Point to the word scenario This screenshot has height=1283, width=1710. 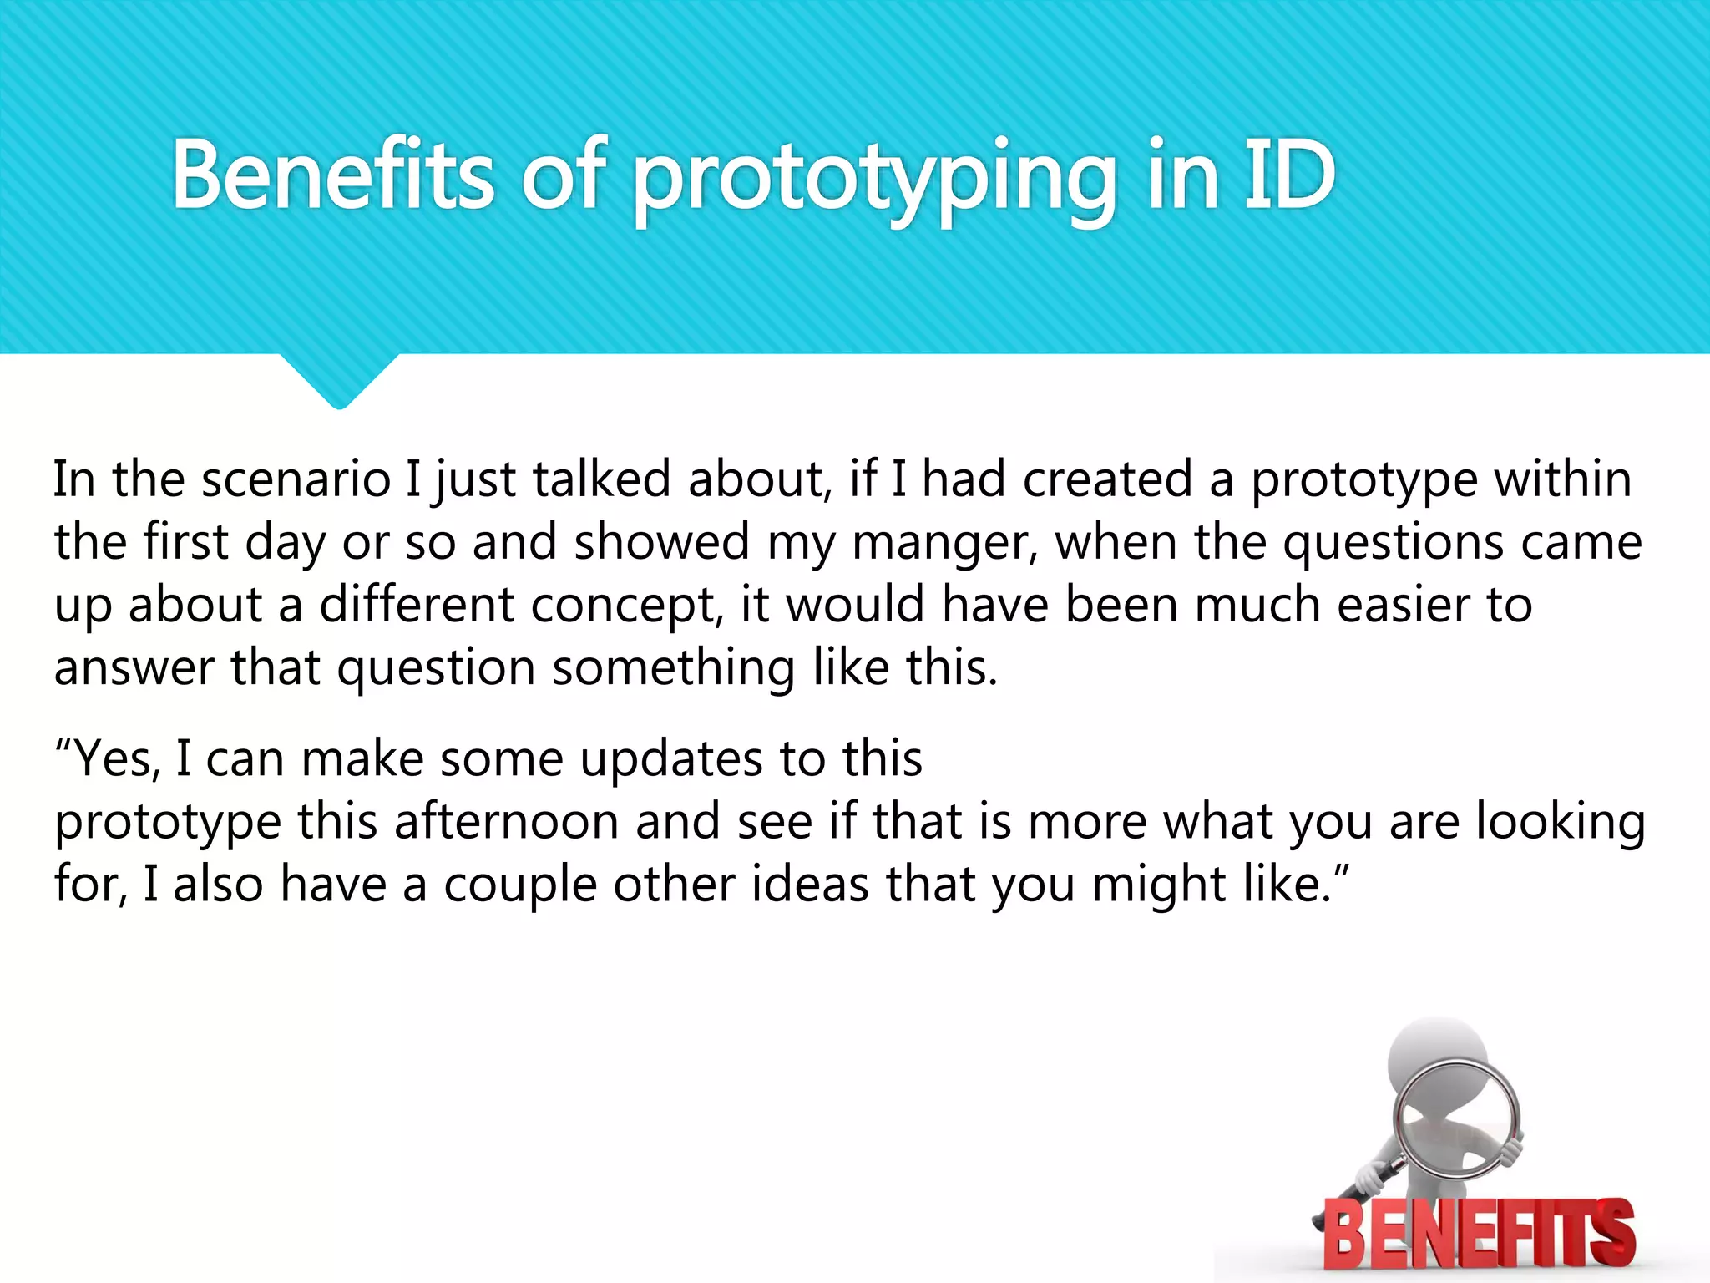[x=296, y=480]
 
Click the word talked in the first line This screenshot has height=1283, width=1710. [x=601, y=480]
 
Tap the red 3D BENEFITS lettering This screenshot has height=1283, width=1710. [x=1479, y=1233]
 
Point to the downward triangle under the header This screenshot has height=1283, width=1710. [x=339, y=380]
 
